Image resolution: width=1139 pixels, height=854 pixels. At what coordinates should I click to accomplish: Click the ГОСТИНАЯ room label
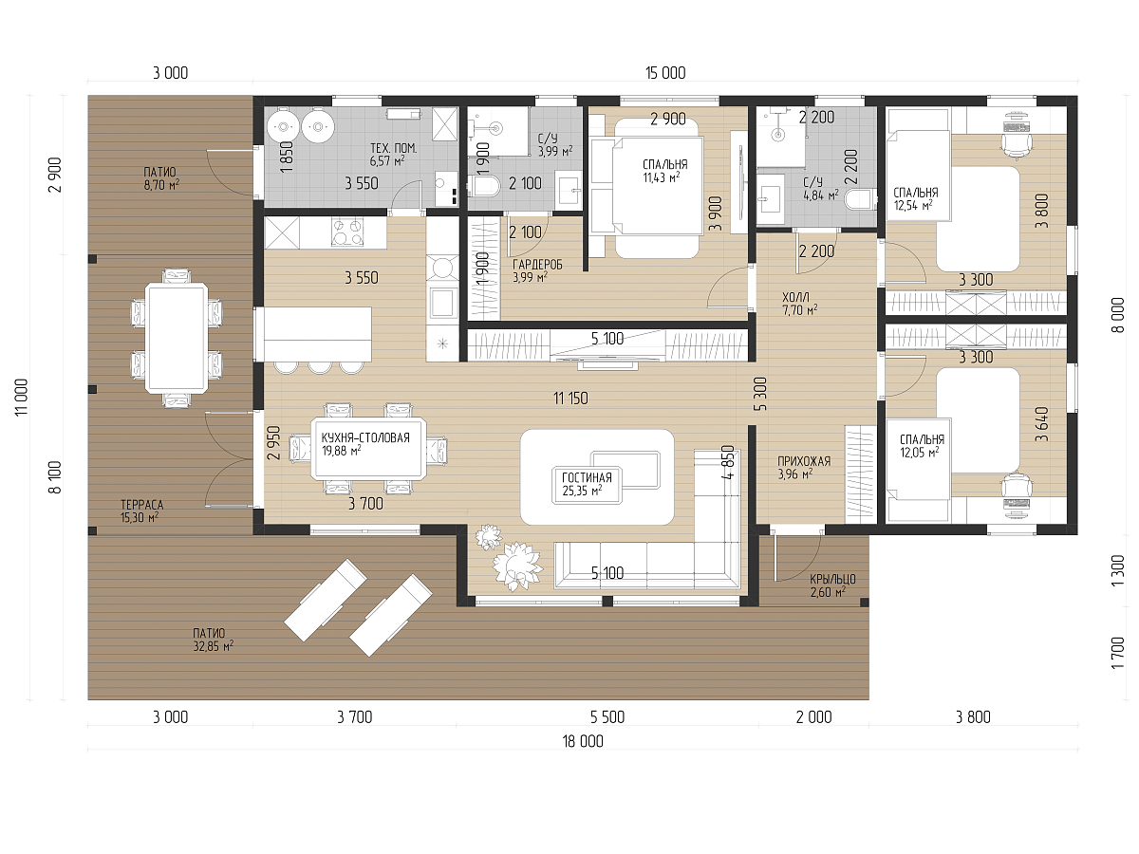pyautogui.click(x=587, y=477)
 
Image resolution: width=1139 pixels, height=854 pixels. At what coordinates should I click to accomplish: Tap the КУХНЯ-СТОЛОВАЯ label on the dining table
pyautogui.click(x=365, y=437)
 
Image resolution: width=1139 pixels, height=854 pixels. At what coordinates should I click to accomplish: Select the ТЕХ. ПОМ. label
pyautogui.click(x=393, y=148)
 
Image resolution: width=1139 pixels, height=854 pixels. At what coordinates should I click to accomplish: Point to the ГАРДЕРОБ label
pyautogui.click(x=537, y=265)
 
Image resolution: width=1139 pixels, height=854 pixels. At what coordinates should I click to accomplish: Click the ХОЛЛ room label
pyautogui.click(x=795, y=297)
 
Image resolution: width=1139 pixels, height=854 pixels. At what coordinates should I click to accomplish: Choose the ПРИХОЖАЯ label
pyautogui.click(x=804, y=461)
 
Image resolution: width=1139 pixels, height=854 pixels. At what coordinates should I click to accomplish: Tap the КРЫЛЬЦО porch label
pyautogui.click(x=832, y=579)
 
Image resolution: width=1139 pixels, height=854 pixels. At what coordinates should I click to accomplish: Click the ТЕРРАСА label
pyautogui.click(x=141, y=505)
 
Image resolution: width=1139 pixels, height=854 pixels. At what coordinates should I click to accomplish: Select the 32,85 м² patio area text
pyautogui.click(x=214, y=646)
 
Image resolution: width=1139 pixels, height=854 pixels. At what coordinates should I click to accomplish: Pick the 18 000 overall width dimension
pyautogui.click(x=583, y=741)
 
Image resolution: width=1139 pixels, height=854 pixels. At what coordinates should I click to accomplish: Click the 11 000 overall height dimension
pyautogui.click(x=21, y=398)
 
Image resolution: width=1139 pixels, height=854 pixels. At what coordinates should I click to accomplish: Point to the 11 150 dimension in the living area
pyautogui.click(x=570, y=399)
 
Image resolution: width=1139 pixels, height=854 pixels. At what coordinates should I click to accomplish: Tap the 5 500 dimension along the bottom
pyautogui.click(x=607, y=717)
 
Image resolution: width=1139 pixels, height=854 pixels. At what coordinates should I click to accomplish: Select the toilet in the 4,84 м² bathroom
pyautogui.click(x=860, y=198)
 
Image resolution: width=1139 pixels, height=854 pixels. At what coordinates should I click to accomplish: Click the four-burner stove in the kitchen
pyautogui.click(x=347, y=232)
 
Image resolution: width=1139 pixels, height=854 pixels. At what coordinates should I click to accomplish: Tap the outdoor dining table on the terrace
pyautogui.click(x=177, y=338)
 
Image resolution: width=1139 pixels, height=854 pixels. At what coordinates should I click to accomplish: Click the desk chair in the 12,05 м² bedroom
pyautogui.click(x=1016, y=488)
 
